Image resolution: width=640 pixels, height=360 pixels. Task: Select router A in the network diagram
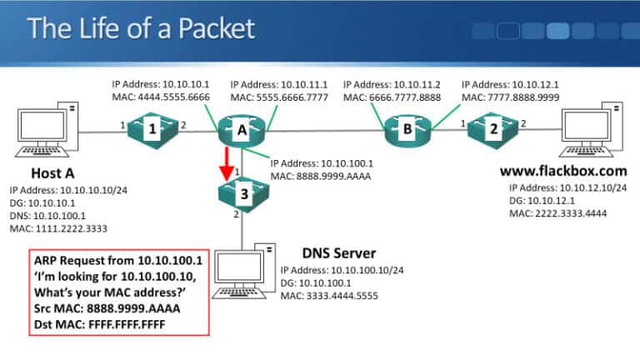coord(242,129)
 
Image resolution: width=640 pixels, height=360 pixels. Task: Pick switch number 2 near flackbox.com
coord(492,129)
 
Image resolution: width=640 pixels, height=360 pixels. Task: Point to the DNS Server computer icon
coord(242,271)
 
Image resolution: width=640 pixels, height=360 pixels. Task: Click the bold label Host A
coord(54,173)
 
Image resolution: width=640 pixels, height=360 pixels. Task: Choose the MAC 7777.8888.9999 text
coord(510,97)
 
